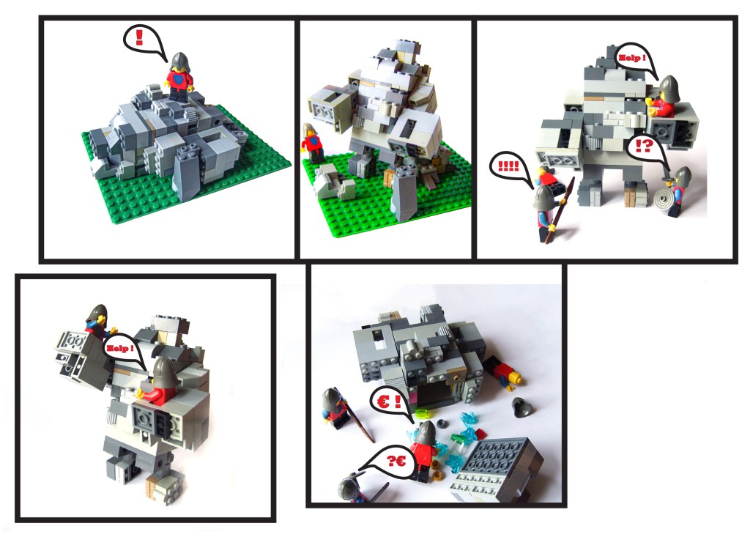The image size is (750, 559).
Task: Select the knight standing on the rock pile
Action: pyautogui.click(x=179, y=77)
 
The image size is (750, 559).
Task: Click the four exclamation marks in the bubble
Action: pyautogui.click(x=508, y=167)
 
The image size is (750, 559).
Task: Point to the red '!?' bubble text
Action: pyautogui.click(x=644, y=146)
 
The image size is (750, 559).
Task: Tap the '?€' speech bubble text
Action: pyautogui.click(x=396, y=461)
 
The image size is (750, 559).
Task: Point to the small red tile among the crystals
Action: pyautogui.click(x=480, y=434)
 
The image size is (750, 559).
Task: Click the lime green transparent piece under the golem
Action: pyautogui.click(x=423, y=413)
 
